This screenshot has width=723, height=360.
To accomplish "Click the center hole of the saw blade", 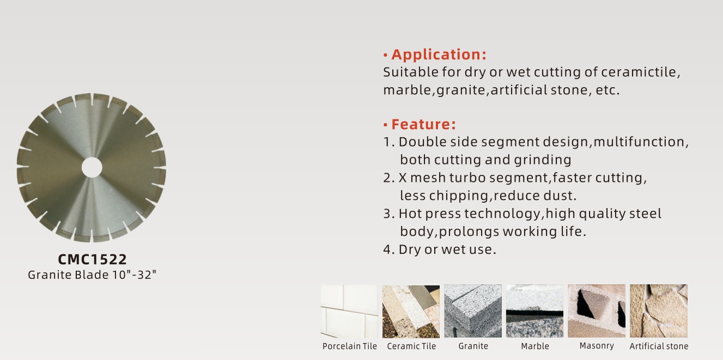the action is tap(92, 167).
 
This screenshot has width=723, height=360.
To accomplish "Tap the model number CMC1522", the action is tap(92, 259).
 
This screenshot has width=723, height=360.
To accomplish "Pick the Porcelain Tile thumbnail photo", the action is tap(349, 311).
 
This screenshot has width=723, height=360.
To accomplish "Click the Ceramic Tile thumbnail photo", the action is tap(411, 311).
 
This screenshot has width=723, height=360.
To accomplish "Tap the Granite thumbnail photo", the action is tap(473, 311).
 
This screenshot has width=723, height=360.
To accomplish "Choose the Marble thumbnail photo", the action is tap(534, 311).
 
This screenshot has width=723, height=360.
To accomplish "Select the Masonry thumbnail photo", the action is tap(597, 311).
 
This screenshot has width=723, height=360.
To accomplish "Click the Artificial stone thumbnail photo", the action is tap(659, 311).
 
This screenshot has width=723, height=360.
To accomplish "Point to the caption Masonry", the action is tap(597, 346).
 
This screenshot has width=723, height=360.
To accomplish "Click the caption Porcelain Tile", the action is tap(350, 346).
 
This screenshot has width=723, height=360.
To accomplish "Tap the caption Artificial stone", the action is tap(659, 346).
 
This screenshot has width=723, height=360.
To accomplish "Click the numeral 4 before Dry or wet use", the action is tap(387, 249).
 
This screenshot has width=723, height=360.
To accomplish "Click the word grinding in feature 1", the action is tap(543, 160).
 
